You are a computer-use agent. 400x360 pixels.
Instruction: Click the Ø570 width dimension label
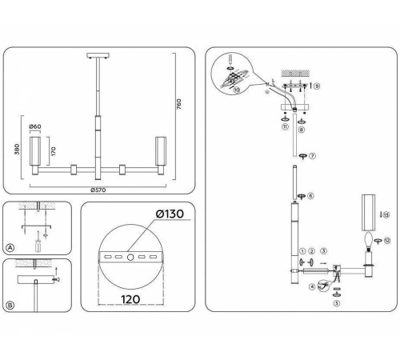98,190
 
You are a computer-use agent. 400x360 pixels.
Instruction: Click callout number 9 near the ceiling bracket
317,86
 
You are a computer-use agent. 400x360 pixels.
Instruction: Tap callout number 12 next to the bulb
386,239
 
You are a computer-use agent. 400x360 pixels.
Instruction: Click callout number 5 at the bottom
337,302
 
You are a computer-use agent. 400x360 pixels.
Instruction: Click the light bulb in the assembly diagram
370,239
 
